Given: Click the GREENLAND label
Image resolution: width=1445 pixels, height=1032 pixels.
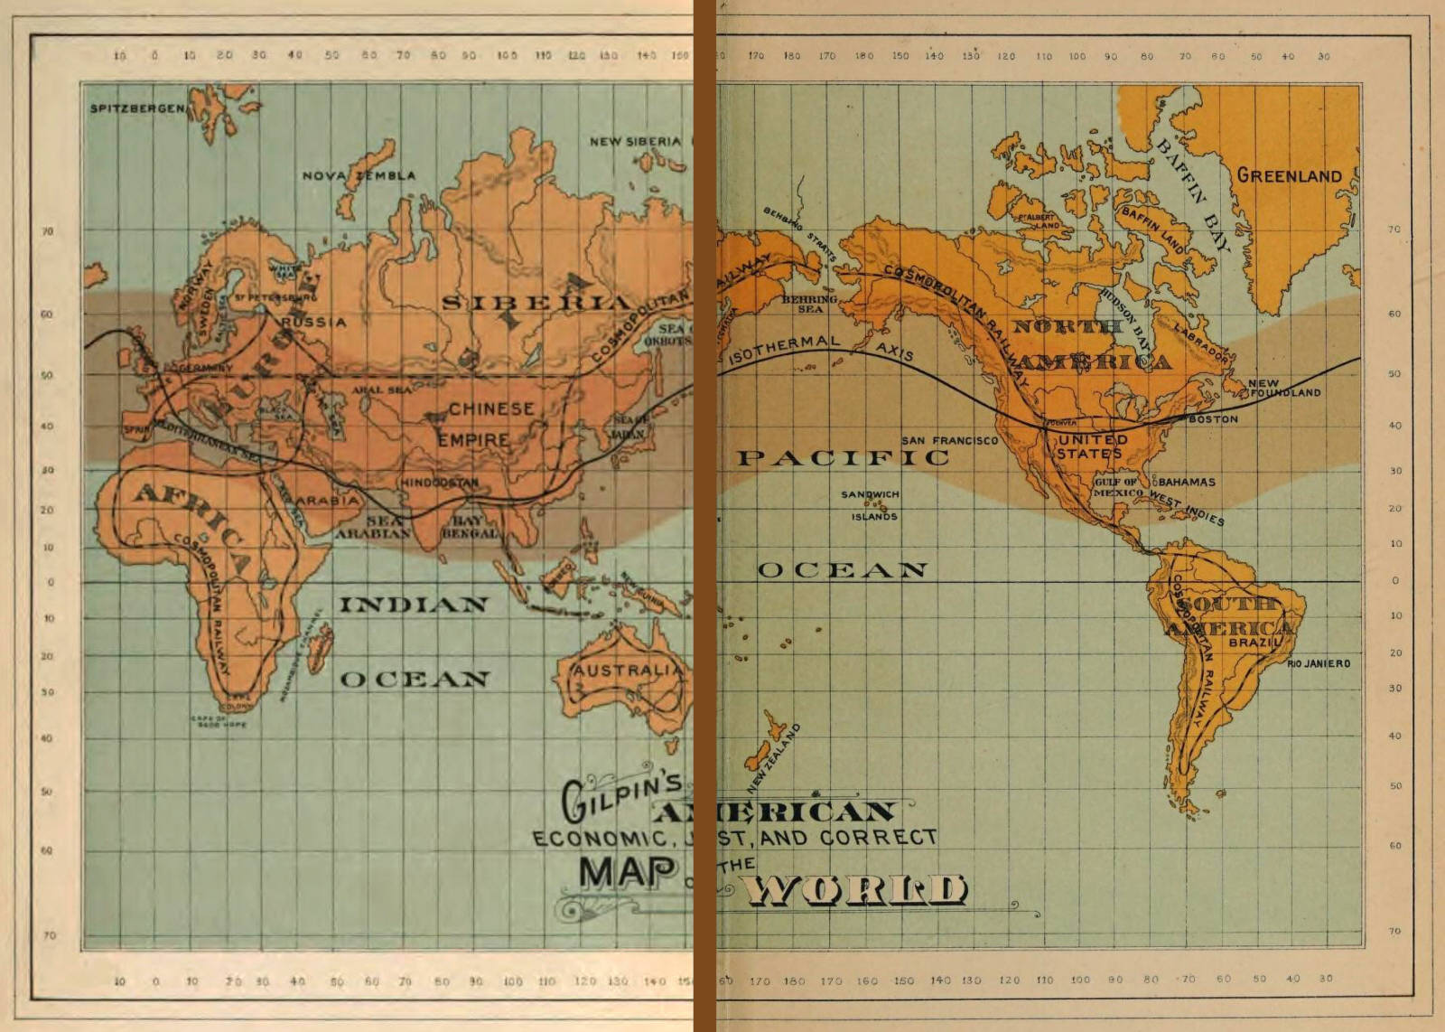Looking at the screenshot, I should click(x=1289, y=176).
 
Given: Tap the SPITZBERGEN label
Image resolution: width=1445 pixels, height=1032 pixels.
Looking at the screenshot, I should click(x=136, y=108).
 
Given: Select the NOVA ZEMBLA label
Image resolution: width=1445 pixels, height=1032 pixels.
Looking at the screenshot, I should click(x=359, y=175).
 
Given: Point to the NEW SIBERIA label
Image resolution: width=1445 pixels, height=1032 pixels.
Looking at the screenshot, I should click(x=635, y=141).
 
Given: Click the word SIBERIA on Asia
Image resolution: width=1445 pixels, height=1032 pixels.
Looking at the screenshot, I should click(x=536, y=302).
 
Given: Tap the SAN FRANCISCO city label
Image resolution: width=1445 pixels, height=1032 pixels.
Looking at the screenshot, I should click(x=949, y=440).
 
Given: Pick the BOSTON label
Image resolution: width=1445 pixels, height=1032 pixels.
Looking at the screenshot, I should click(x=1213, y=419).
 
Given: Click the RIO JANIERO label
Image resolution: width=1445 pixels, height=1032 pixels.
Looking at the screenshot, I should click(x=1319, y=663).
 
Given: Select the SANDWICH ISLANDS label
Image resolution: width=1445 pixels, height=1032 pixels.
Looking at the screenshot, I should click(x=871, y=505).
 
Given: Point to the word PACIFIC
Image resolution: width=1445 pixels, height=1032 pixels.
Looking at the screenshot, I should click(x=843, y=458).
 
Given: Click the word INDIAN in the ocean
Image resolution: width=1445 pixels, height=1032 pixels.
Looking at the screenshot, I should click(x=414, y=605).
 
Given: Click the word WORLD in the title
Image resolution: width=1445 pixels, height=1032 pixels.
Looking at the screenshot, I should click(x=855, y=891).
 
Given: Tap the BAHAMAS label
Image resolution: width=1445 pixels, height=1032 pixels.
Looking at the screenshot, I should click(x=1187, y=482).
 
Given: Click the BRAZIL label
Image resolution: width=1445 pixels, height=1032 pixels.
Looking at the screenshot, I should click(x=1255, y=642).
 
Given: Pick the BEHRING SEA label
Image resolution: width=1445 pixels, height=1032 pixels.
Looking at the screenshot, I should click(x=809, y=304).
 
